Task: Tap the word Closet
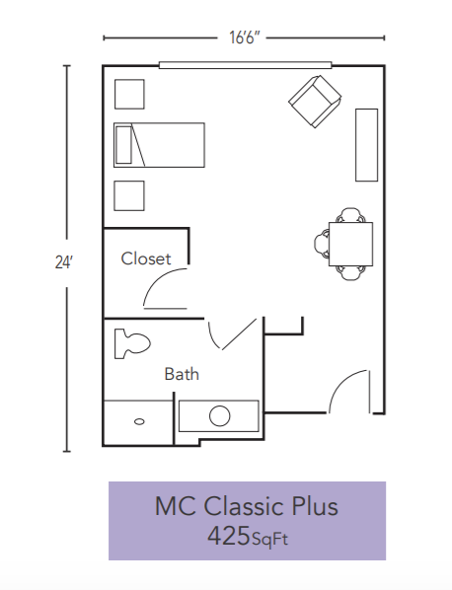[x=146, y=259]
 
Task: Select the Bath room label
[x=182, y=374]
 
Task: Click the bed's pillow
[x=123, y=145]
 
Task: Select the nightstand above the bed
[x=129, y=94]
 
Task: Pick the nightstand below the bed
[x=129, y=195]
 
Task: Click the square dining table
[x=350, y=242]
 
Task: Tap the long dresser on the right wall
[x=367, y=144]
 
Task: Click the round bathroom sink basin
[x=219, y=415]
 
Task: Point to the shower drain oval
[x=139, y=422]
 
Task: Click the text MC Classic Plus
[x=246, y=506]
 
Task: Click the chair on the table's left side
[x=322, y=241]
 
